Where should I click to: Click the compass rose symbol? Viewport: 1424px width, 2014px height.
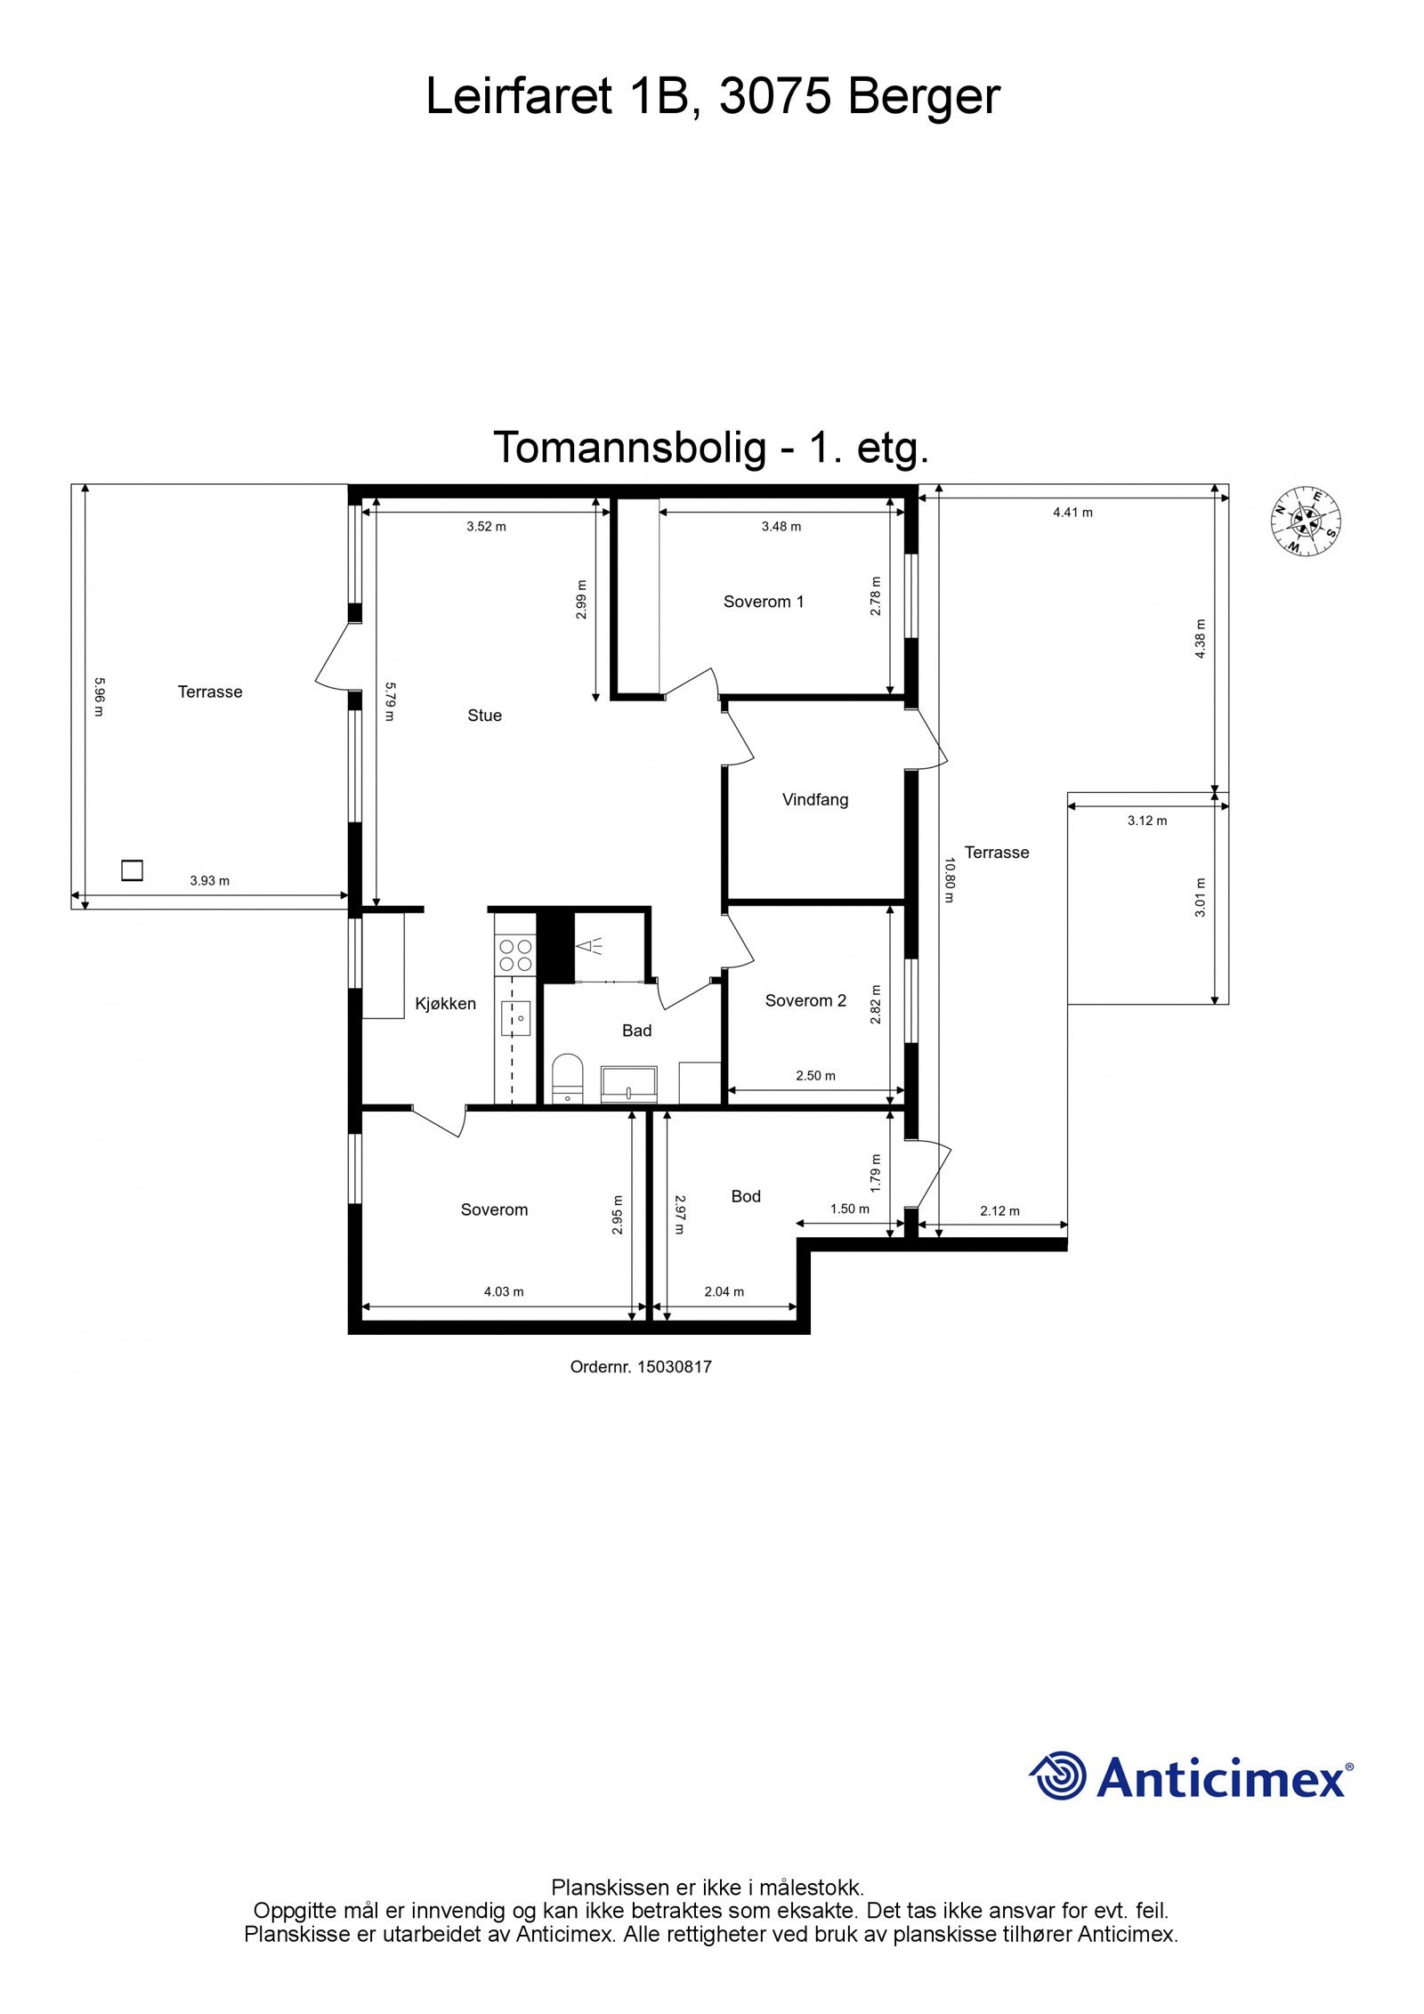[x=1306, y=522]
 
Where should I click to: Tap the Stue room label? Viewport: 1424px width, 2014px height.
[x=484, y=716]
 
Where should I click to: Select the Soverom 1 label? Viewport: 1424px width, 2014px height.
[x=763, y=602]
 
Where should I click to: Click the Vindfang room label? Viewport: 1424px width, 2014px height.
[x=814, y=799]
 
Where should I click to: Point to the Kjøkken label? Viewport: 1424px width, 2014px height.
[x=445, y=1004]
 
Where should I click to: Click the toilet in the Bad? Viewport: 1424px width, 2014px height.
[x=566, y=1078]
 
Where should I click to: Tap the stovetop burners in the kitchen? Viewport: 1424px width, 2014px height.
[x=514, y=955]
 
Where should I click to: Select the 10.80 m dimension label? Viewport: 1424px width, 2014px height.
[x=949, y=879]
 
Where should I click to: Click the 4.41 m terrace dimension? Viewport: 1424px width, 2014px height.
[x=1072, y=513]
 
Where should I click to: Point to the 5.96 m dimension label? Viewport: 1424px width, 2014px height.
[x=99, y=698]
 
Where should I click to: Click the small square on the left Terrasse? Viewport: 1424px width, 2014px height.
[x=132, y=869]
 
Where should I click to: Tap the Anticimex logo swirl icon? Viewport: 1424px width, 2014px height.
[x=1058, y=1775]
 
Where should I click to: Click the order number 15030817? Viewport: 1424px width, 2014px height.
[x=674, y=1367]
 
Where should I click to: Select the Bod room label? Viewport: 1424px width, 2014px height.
[x=745, y=1196]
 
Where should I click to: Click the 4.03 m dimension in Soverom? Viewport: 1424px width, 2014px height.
[x=503, y=1291]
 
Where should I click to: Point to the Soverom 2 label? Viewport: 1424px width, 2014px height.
[x=805, y=1000]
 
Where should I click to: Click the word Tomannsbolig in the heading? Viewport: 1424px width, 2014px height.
[x=629, y=448]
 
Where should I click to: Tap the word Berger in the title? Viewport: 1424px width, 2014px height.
[x=924, y=96]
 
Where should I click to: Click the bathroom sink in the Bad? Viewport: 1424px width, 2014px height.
[x=628, y=1084]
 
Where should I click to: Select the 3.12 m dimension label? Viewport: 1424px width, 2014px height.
[x=1146, y=821]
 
